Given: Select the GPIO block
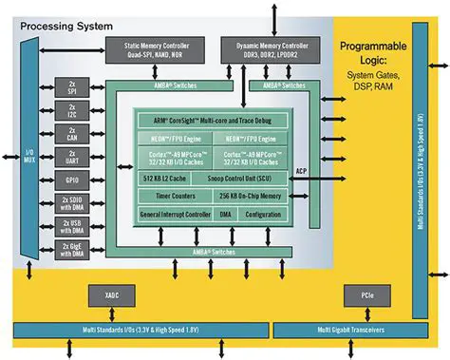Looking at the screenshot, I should tap(72, 179).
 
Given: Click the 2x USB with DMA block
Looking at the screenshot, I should tap(72, 226).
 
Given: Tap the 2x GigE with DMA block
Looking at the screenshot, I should tap(72, 250).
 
